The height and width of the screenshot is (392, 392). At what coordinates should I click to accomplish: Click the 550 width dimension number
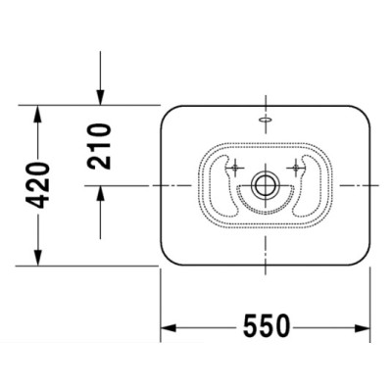[267, 326]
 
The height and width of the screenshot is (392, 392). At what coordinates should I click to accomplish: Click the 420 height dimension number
[38, 185]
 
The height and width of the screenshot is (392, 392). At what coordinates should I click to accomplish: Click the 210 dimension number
[100, 146]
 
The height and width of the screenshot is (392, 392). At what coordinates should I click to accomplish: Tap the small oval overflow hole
[265, 120]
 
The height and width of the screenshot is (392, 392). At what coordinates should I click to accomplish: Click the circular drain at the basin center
[266, 185]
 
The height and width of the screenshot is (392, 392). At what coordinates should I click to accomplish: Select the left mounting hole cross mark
[235, 168]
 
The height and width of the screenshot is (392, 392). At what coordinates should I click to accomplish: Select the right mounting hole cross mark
[296, 168]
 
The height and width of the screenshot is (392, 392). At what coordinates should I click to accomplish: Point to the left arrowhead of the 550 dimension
[169, 327]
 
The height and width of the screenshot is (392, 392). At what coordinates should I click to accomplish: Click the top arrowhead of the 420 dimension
[38, 113]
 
